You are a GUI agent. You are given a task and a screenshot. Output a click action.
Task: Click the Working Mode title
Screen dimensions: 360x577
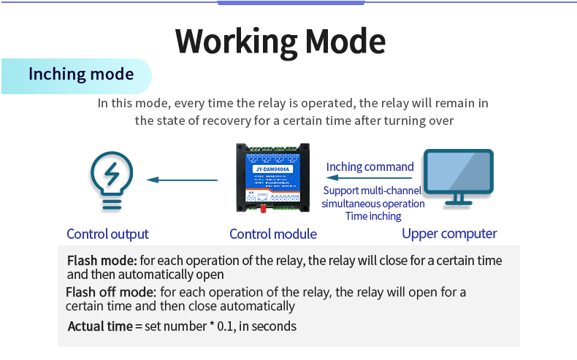[280, 41]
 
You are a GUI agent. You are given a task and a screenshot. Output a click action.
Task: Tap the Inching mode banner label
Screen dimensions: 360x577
[81, 74]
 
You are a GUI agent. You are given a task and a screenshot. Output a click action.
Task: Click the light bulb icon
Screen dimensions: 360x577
[111, 180]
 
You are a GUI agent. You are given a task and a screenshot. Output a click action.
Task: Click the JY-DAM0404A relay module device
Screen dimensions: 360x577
[272, 178]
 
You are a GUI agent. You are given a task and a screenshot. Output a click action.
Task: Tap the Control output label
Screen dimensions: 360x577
[107, 234]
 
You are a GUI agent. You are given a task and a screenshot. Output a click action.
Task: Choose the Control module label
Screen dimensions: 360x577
[273, 234]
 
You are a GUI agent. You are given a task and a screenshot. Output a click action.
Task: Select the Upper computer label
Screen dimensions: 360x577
[449, 234]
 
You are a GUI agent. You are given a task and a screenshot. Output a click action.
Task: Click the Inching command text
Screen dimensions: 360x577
[370, 166]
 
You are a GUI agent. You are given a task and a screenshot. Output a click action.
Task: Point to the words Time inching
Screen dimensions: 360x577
[373, 216]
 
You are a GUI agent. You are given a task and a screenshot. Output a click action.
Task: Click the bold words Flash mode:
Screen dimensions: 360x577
[102, 261]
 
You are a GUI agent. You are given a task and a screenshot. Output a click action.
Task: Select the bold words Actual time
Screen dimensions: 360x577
[100, 326]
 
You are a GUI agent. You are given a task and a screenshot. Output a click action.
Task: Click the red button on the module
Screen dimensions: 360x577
[262, 208]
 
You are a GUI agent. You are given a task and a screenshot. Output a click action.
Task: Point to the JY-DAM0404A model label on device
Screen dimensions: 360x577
[272, 169]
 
